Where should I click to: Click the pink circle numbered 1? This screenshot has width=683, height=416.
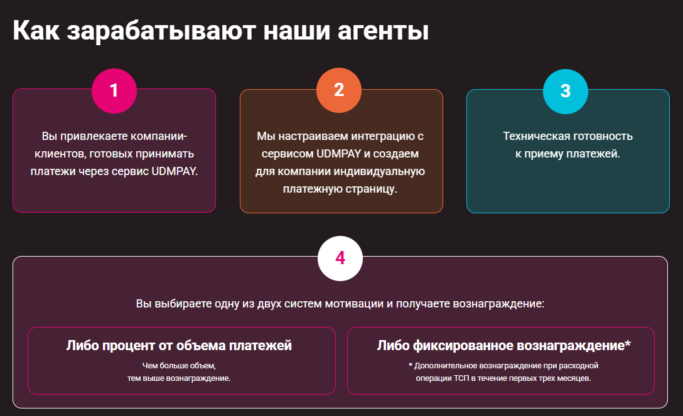click(x=114, y=90)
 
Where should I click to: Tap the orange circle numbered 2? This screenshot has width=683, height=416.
click(x=339, y=90)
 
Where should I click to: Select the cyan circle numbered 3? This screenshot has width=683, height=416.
click(x=565, y=90)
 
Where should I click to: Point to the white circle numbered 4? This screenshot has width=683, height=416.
click(x=340, y=258)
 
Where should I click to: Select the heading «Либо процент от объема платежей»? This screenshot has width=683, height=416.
click(x=179, y=345)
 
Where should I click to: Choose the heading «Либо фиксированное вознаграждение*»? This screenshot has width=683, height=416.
click(x=503, y=345)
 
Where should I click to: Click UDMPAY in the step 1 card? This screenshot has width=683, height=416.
click(x=175, y=171)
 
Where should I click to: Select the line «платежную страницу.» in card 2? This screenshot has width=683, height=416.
click(x=341, y=189)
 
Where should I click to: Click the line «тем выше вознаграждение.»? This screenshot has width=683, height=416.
click(x=181, y=378)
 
